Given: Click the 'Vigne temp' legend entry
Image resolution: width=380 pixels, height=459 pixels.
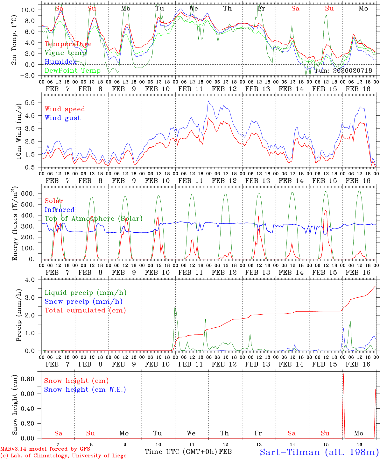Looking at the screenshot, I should pos(65,53).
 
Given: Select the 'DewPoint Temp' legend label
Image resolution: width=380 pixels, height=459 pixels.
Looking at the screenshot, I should pos(73,70).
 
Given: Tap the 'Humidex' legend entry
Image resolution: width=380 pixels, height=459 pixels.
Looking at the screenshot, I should pos(60,62).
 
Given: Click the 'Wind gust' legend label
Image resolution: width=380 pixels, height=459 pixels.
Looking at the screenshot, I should pos(62,118).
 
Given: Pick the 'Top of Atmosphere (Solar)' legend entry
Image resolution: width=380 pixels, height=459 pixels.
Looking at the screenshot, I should pos(94,219).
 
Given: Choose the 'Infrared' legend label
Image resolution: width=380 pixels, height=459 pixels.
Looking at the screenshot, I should pos(60,210).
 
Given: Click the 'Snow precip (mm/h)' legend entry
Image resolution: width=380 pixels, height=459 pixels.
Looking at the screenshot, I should pos(83,302).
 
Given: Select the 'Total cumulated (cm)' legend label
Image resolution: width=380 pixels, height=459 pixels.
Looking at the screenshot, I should pos(85,310).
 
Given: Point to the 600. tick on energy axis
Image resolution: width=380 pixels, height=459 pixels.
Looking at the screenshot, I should pos(31,193).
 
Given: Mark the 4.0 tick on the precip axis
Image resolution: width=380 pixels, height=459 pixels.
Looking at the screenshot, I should pos(33,280).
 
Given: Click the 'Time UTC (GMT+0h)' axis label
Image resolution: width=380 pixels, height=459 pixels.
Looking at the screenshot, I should pos(181,452).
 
